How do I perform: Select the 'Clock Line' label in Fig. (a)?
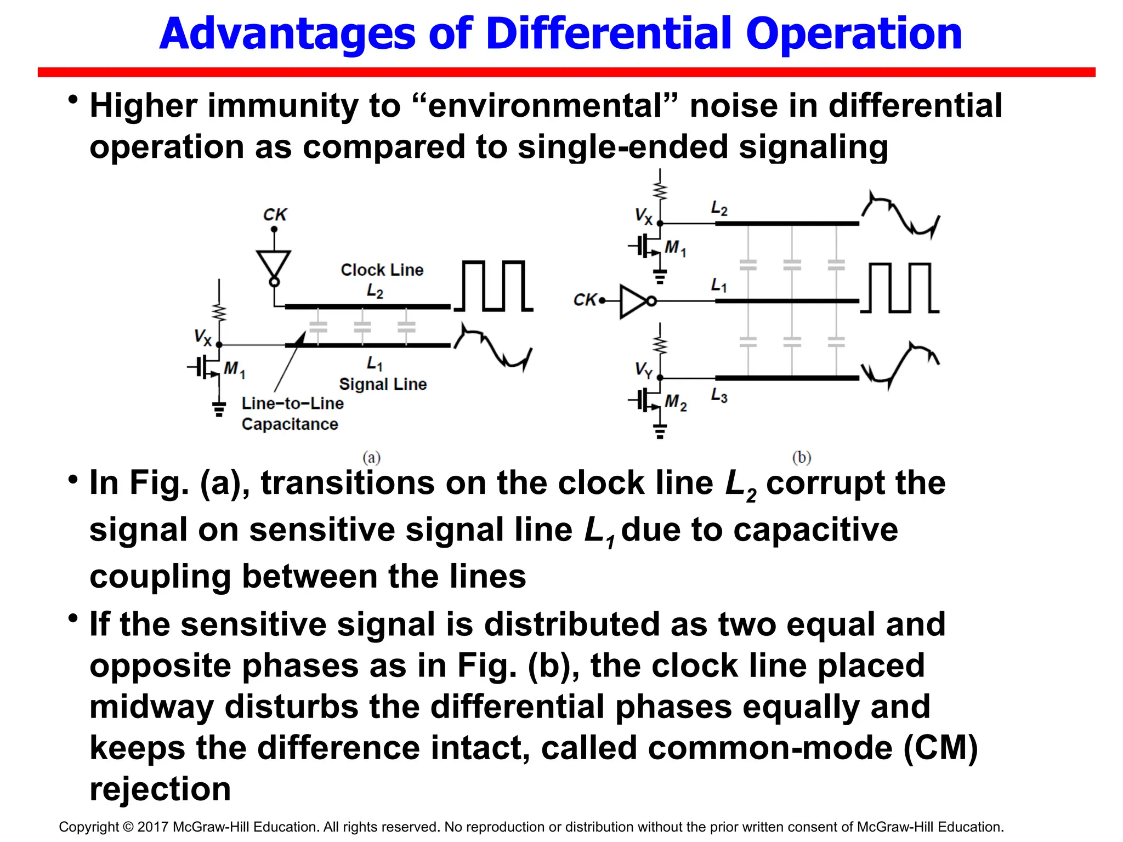(382, 270)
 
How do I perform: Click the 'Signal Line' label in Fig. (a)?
(382, 384)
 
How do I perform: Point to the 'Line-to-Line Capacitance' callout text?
(292, 413)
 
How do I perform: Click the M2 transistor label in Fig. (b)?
(675, 403)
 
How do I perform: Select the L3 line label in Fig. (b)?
(719, 395)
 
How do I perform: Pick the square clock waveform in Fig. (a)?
(494, 286)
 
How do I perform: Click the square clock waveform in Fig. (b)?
(900, 288)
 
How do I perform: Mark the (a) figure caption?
(371, 457)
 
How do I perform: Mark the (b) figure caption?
(801, 457)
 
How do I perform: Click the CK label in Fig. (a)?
(275, 214)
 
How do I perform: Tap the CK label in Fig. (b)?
(585, 300)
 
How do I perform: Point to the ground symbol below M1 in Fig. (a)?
(219, 408)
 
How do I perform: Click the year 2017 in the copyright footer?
(154, 827)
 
